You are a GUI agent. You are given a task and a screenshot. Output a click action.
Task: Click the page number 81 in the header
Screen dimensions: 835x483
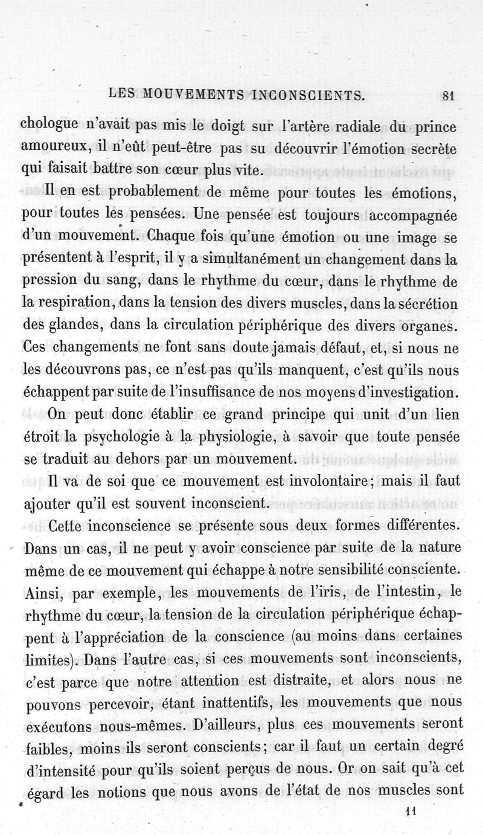coord(449,94)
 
